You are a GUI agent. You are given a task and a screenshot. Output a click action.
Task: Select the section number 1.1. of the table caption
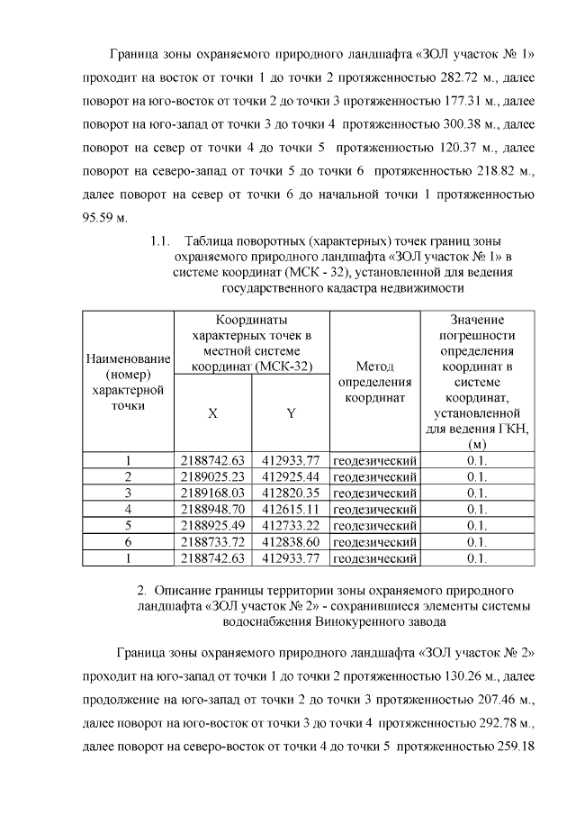point(161,240)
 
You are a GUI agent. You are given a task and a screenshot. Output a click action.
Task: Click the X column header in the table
point(212,413)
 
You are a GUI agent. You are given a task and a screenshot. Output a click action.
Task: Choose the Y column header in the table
point(291,413)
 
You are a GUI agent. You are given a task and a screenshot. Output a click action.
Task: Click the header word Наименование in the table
point(128,358)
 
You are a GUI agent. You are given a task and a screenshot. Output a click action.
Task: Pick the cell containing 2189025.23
point(212,476)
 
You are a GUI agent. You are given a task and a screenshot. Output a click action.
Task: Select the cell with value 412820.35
point(291,493)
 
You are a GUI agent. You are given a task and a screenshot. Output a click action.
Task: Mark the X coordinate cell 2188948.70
point(212,509)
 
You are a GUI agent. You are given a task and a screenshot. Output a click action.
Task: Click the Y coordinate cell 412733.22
point(291,525)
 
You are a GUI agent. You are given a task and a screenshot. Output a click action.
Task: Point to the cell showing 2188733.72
point(212,541)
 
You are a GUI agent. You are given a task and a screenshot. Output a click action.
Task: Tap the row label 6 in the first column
point(128,541)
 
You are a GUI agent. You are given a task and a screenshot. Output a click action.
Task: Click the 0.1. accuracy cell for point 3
point(477,493)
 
